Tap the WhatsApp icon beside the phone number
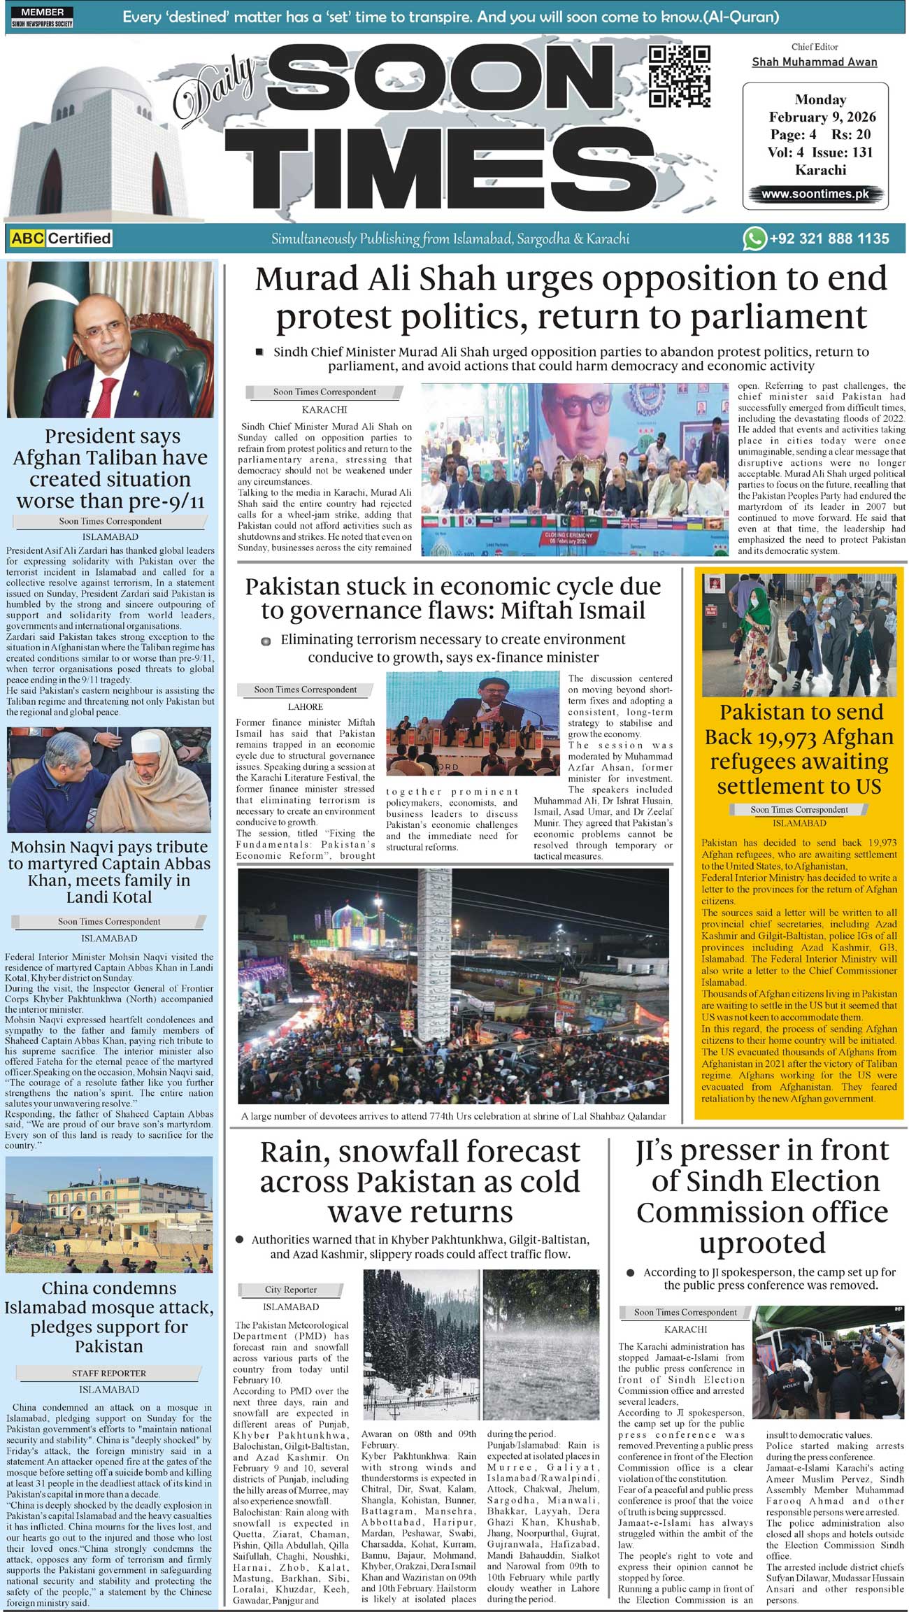pyautogui.click(x=754, y=238)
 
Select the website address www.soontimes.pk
pyautogui.click(x=815, y=194)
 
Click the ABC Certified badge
pyautogui.click(x=62, y=238)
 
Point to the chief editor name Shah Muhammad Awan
pyautogui.click(x=814, y=62)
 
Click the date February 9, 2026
pyautogui.click(x=822, y=117)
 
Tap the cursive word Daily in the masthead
pyautogui.click(x=214, y=87)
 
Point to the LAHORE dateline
pyautogui.click(x=306, y=706)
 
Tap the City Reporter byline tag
pyautogui.click(x=290, y=1290)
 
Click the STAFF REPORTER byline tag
pyautogui.click(x=109, y=1374)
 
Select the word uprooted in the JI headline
pyautogui.click(x=762, y=1243)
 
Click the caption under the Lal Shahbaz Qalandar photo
pyautogui.click(x=453, y=1116)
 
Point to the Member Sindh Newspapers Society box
pyautogui.click(x=42, y=17)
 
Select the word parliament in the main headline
pyautogui.click(x=778, y=318)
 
